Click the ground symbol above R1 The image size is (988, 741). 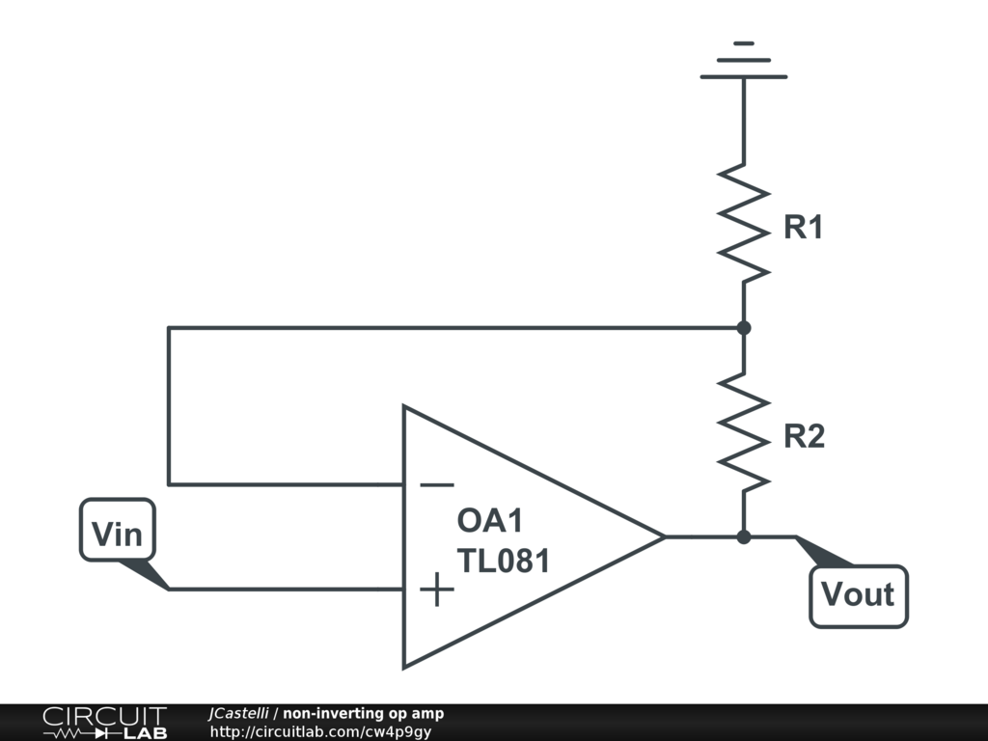point(744,61)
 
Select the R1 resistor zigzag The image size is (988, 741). point(744,223)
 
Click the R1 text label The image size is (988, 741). point(804,227)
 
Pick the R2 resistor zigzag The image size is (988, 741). point(744,432)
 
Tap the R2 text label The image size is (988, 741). point(804,436)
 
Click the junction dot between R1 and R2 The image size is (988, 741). point(744,328)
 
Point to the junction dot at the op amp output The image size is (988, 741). point(744,536)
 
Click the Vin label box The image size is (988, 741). point(117,530)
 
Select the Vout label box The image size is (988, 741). point(858,596)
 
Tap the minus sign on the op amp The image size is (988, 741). point(437,484)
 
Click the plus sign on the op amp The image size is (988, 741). point(437,590)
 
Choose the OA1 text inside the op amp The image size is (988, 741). point(489,520)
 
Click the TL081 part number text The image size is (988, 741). point(503,561)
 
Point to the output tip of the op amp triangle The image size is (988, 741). point(665,536)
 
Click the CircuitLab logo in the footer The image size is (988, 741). point(105,723)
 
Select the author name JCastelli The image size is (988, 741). point(238,713)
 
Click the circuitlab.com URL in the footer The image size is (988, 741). point(320,731)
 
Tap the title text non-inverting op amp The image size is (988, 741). point(363,713)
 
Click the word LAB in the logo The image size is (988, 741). point(146,733)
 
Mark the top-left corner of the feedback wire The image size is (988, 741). point(168,328)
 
